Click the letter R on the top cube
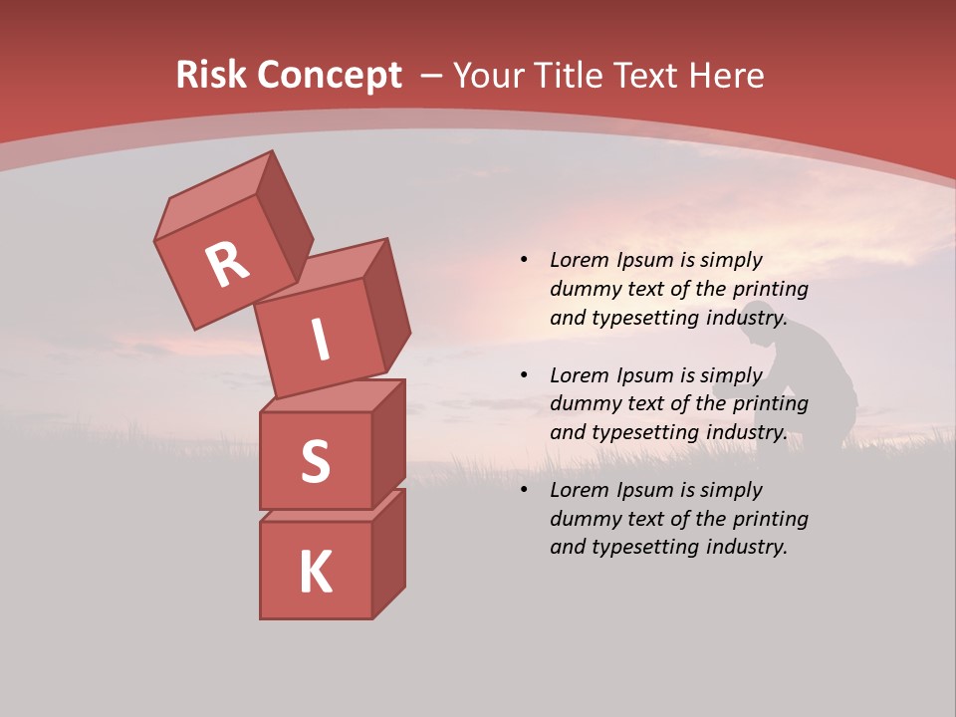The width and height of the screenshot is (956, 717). click(227, 265)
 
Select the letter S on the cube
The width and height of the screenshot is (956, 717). click(315, 461)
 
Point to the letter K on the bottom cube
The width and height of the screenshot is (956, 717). click(315, 573)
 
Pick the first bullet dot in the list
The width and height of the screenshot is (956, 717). click(524, 260)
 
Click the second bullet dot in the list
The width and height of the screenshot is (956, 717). click(524, 375)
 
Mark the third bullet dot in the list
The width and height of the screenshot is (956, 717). click(524, 490)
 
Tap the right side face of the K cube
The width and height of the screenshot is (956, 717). click(389, 554)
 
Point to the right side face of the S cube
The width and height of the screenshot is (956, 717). click(389, 441)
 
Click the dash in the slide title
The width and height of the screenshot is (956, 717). click(432, 76)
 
